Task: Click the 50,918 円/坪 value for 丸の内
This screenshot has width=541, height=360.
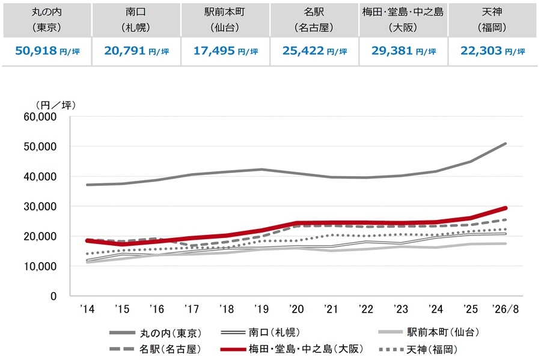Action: coord(47,51)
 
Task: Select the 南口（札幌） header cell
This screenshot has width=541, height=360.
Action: coord(136,20)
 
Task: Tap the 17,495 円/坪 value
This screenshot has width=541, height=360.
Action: coord(225,51)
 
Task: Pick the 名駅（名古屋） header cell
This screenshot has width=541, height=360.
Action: coord(314,20)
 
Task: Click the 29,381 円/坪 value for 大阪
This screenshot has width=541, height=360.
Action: coord(404,51)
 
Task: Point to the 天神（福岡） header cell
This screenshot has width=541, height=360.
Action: coord(492,20)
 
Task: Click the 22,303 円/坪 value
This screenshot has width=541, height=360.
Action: coord(493,51)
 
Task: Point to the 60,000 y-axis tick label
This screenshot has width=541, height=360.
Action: coord(40,117)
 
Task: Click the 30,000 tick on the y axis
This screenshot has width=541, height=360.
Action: coord(40,207)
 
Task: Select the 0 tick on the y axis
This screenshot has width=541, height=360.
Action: coord(53,296)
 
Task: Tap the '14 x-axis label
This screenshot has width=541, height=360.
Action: coord(87,309)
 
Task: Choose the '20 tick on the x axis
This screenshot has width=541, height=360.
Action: coord(296,309)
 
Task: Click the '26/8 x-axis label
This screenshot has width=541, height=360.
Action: coord(506,309)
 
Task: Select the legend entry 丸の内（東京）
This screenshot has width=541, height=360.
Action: coord(156,333)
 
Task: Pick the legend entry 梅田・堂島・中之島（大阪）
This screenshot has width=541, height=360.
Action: coord(292,349)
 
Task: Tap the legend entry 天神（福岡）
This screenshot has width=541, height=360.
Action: coord(418,350)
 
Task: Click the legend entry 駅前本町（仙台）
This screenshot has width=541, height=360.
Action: coord(429,332)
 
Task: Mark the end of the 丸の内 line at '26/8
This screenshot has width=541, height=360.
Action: coord(506,144)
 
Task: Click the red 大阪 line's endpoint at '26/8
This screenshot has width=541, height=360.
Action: coord(506,208)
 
